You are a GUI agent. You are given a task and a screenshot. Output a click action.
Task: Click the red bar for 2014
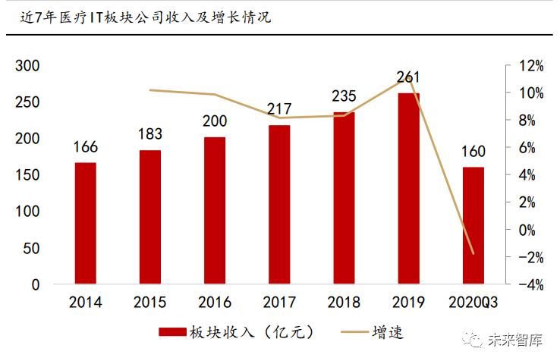coord(86,224)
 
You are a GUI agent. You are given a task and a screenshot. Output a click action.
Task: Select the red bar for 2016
coord(215,211)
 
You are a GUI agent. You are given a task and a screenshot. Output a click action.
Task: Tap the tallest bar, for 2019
coord(408,189)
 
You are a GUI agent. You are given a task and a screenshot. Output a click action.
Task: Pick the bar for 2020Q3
coord(473,226)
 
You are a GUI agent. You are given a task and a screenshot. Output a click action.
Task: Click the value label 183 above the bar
coord(150,133)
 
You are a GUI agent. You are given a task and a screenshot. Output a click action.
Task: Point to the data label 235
coord(344,96)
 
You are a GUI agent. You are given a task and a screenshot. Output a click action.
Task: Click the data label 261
coord(408,77)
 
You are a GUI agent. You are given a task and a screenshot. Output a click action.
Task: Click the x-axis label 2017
coord(279,303)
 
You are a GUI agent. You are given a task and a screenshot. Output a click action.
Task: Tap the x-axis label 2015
coord(150,303)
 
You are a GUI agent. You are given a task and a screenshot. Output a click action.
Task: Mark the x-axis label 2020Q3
coord(473,303)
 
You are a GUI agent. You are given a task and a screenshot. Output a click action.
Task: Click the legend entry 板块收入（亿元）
coord(235,332)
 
